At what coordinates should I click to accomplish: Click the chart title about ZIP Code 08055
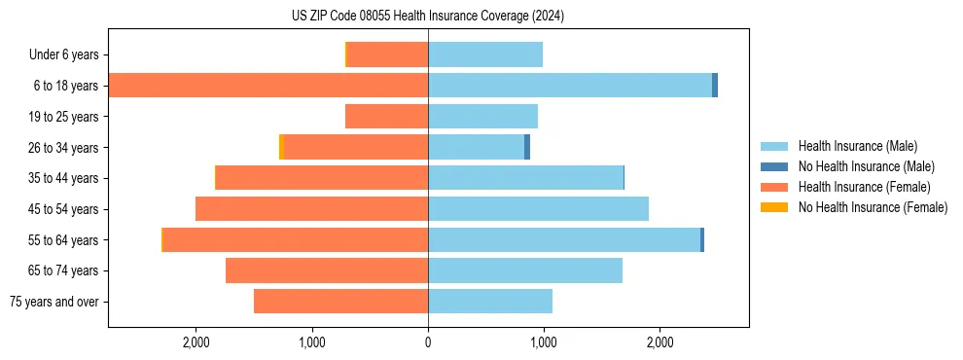pos(427,16)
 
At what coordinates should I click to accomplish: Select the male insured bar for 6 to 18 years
pos(570,86)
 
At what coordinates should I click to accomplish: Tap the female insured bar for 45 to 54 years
pos(311,209)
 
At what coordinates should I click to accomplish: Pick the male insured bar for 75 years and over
pos(490,302)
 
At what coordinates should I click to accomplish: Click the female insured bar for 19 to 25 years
pos(386,117)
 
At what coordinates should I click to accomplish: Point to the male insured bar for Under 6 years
pos(485,54)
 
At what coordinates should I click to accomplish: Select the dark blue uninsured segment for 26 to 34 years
pos(527,147)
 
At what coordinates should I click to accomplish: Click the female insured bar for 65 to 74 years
pos(327,270)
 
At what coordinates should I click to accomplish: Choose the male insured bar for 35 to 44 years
pos(525,178)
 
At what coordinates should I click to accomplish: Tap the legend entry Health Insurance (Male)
pos(855,146)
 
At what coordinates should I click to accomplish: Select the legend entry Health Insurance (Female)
pos(864,187)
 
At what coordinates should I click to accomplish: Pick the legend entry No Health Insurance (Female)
pos(873,207)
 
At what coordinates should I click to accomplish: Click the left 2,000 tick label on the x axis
pos(196,342)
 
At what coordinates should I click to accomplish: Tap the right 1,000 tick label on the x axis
pos(543,342)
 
